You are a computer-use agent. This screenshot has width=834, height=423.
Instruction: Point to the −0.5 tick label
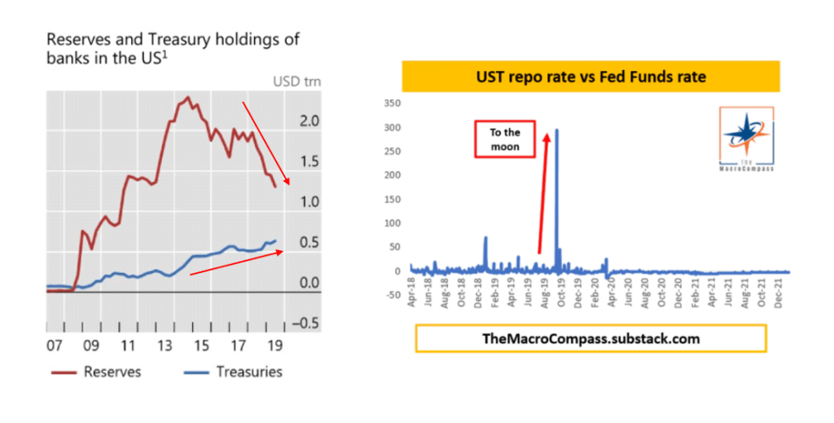click(x=304, y=323)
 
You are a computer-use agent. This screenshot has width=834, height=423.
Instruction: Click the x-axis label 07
click(x=55, y=345)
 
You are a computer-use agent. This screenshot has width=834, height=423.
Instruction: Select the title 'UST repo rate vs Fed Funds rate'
click(x=590, y=77)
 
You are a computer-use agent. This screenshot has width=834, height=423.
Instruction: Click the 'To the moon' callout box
click(x=503, y=139)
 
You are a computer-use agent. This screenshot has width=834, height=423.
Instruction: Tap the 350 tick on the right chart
click(x=393, y=104)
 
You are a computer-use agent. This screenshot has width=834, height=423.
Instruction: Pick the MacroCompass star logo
click(x=747, y=139)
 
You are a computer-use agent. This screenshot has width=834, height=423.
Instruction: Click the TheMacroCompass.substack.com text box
click(x=590, y=338)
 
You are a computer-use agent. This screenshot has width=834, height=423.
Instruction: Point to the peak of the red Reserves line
click(x=188, y=97)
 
